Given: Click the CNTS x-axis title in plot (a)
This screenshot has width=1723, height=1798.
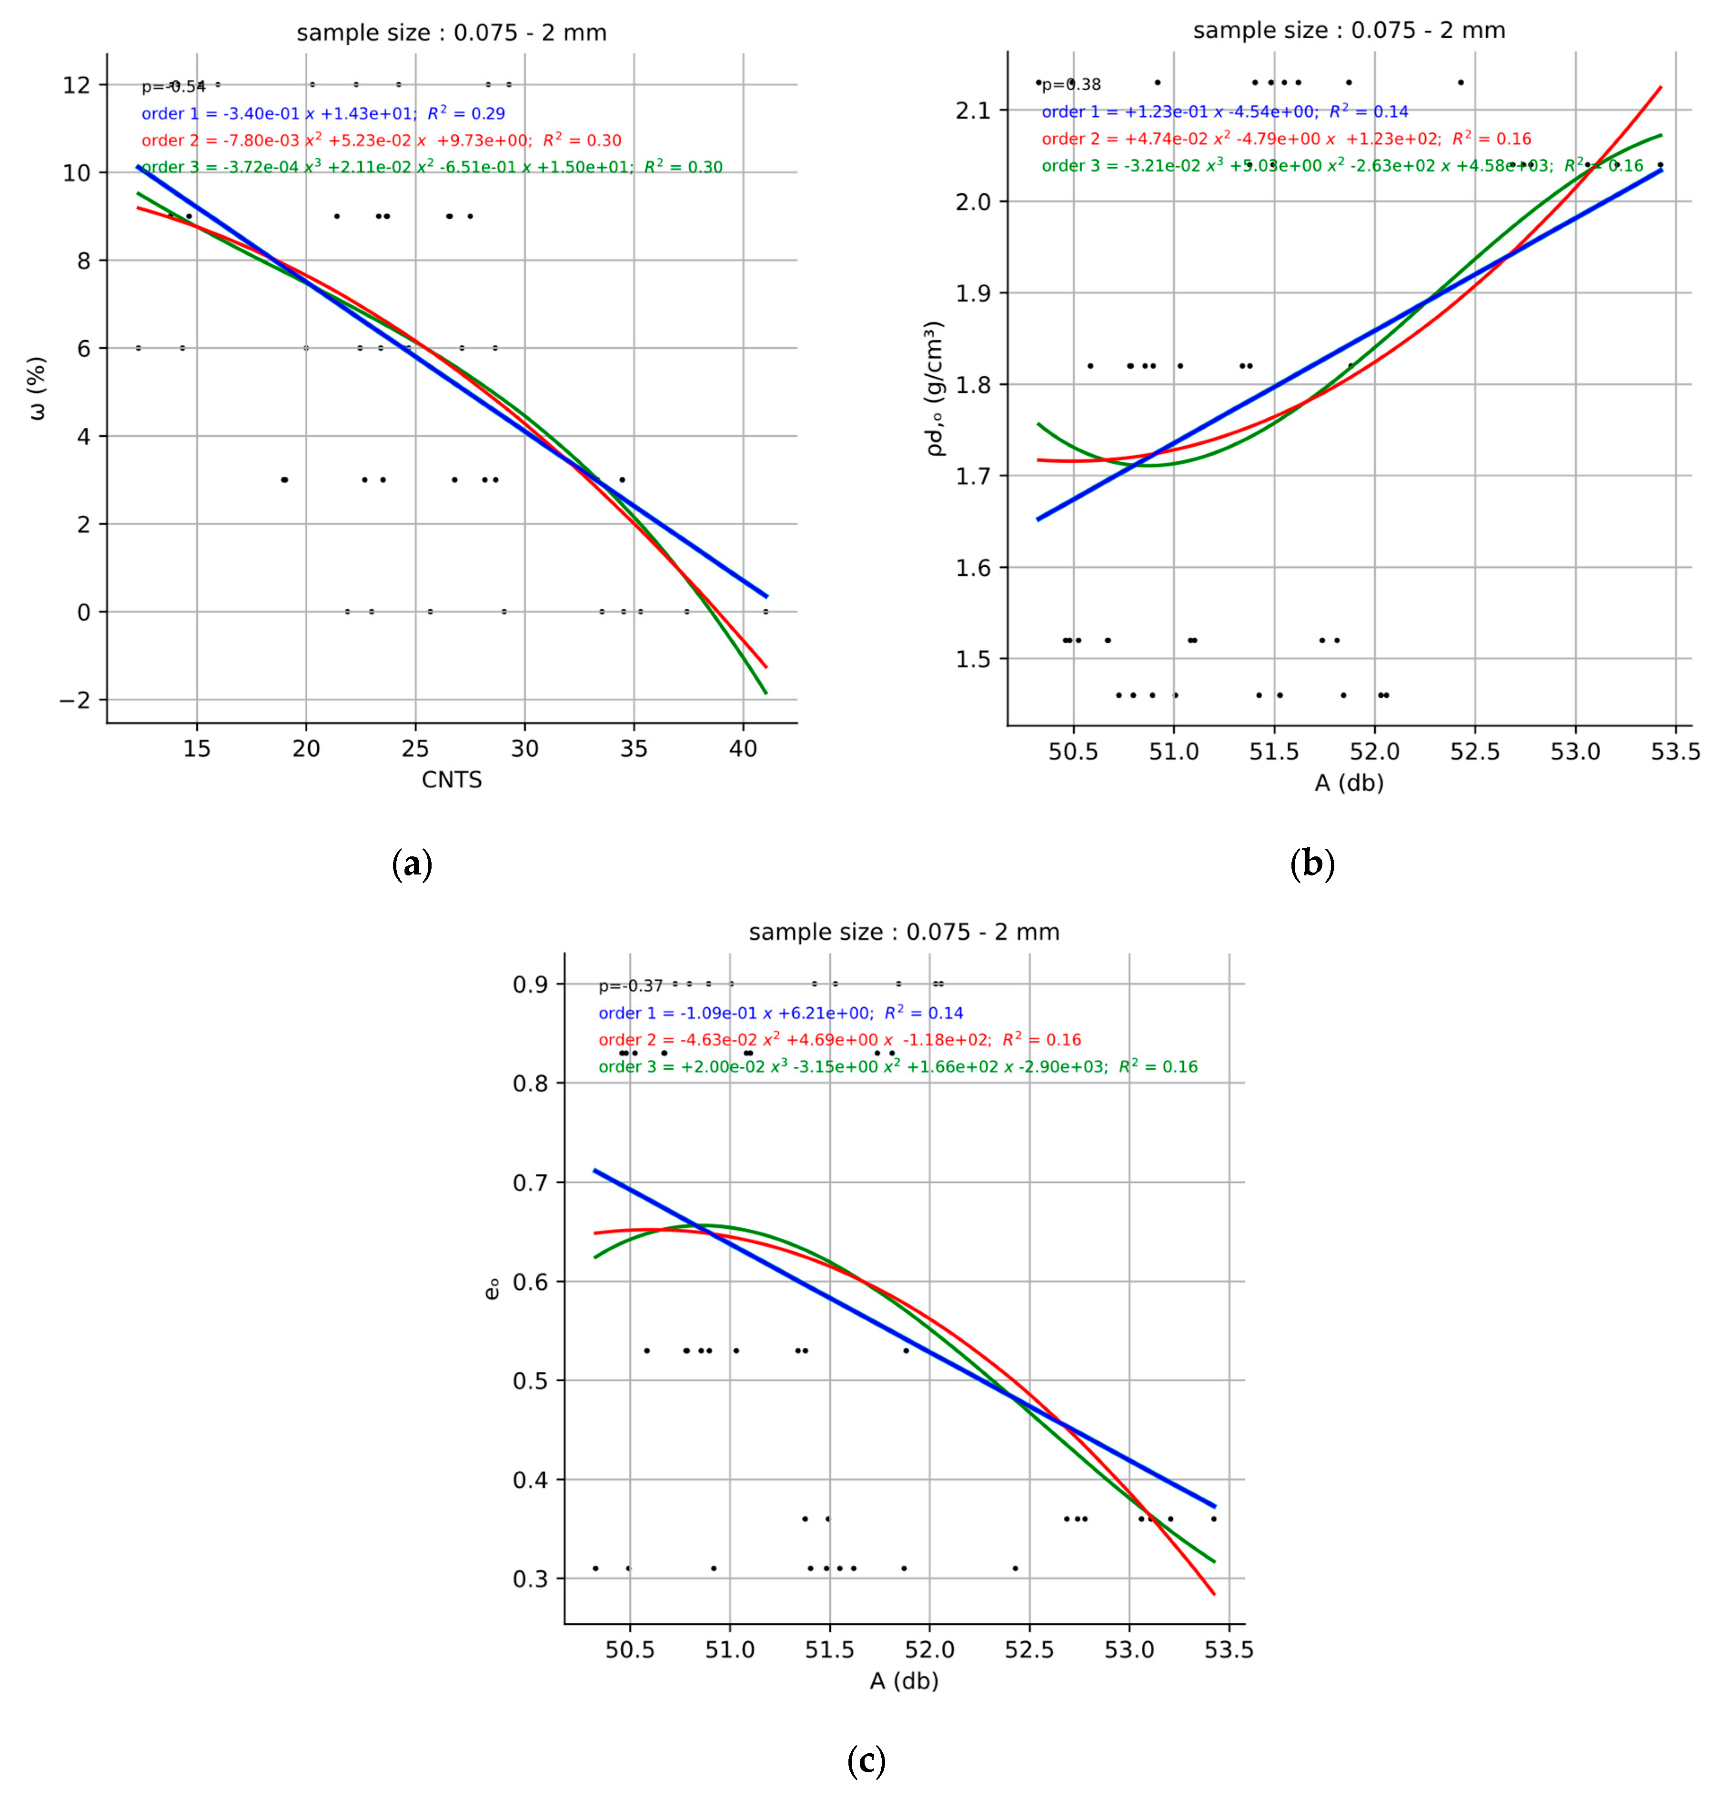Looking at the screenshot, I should click(452, 780).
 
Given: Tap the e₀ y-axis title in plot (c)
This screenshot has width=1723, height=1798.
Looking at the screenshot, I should click(493, 1289).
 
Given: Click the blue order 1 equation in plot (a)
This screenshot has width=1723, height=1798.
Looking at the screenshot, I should click(323, 114).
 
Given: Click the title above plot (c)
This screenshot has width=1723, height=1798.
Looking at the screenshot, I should click(904, 932).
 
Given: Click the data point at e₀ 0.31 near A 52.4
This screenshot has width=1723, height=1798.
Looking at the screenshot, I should click(1015, 1568).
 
